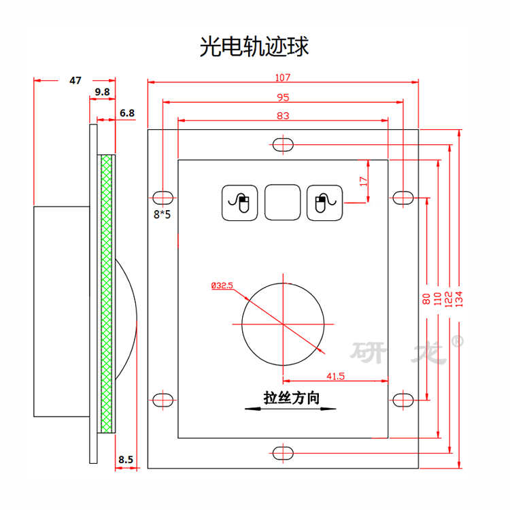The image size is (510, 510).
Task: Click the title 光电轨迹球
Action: [254, 46]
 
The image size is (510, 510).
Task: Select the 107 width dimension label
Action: [283, 78]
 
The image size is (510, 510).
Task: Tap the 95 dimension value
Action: [283, 97]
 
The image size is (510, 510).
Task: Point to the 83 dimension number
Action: [283, 116]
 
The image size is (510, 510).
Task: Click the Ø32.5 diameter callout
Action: [222, 286]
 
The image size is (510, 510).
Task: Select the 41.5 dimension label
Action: [336, 376]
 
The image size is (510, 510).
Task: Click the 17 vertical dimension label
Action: [363, 182]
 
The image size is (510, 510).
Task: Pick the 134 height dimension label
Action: [458, 299]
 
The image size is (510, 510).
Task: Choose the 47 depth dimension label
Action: [75, 80]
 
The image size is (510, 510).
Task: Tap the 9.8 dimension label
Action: [102, 92]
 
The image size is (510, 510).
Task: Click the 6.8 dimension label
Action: [127, 113]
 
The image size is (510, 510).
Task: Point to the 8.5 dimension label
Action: [126, 460]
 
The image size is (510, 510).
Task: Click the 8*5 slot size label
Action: [162, 214]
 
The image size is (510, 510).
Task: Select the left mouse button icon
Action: [240, 203]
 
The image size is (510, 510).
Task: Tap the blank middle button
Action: [283, 203]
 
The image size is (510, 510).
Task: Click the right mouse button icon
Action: [324, 203]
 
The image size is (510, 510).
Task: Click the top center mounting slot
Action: [283, 145]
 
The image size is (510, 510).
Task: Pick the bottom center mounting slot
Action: [283, 453]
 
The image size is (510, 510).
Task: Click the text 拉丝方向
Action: [292, 398]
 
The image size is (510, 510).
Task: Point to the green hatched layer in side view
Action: [106, 294]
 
